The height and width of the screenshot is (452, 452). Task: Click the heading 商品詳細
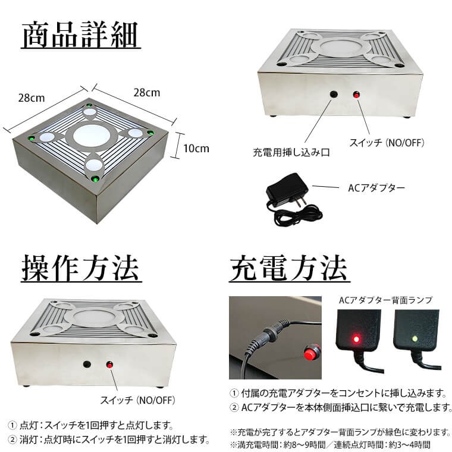click(80, 36)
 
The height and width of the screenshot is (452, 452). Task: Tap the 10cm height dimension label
click(196, 149)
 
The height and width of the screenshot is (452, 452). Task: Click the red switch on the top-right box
click(357, 95)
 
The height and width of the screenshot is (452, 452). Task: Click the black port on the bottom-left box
click(87, 364)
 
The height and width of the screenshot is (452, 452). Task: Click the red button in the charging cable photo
click(309, 354)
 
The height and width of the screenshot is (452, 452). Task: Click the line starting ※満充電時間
click(329, 444)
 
